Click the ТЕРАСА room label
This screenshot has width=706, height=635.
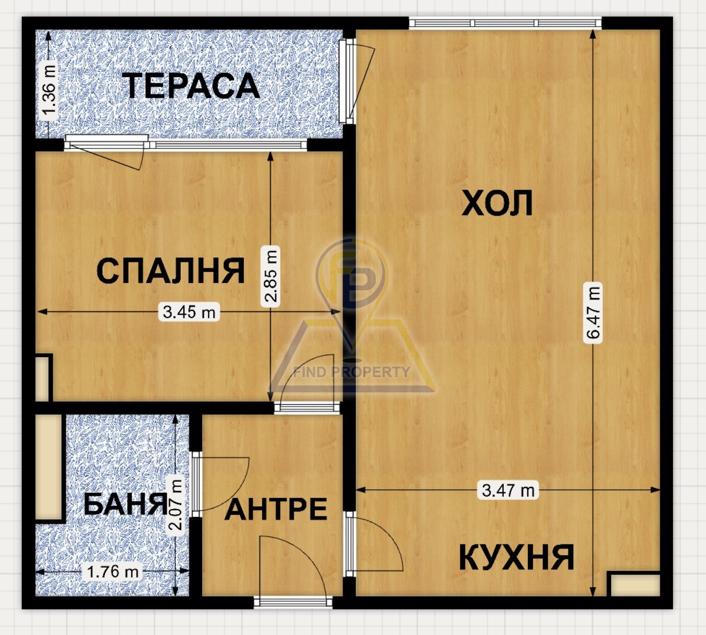click(x=191, y=86)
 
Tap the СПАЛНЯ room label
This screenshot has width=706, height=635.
click(x=170, y=271)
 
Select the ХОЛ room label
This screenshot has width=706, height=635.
click(x=497, y=203)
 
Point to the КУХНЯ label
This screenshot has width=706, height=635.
click(x=516, y=557)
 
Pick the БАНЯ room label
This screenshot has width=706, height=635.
click(x=125, y=504)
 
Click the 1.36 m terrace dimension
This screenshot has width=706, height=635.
click(x=48, y=90)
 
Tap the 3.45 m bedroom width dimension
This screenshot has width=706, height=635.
click(x=189, y=312)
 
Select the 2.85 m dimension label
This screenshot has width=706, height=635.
click(x=271, y=276)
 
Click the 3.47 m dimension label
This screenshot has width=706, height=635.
click(x=508, y=490)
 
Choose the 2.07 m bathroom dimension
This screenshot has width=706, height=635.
click(x=177, y=504)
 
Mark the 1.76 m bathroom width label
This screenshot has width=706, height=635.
click(x=113, y=571)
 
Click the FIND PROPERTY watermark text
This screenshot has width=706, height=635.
click(x=352, y=372)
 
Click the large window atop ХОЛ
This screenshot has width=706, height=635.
click(x=505, y=23)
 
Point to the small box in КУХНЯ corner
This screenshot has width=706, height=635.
click(x=634, y=584)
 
